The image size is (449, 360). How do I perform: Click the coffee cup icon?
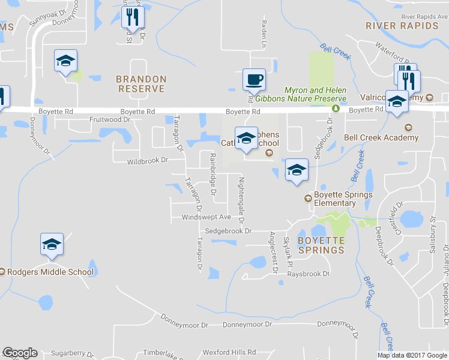click(254, 79)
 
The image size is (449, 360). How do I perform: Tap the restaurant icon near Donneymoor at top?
click(133, 17)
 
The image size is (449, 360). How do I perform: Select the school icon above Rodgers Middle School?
click(52, 245)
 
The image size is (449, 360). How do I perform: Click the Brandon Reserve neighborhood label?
click(141, 83)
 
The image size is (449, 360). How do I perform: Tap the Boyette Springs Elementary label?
click(343, 199)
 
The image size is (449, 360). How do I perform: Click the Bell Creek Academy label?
click(381, 137)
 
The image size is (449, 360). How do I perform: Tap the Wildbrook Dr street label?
click(147, 161)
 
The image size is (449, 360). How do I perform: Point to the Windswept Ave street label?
click(206, 217)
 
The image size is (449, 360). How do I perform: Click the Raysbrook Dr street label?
click(309, 274)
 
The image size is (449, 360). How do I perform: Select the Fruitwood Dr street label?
click(109, 119)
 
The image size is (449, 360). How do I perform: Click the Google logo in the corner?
click(20, 353)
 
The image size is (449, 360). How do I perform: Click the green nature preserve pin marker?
click(336, 109)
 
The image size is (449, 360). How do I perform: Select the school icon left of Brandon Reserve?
click(65, 61)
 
